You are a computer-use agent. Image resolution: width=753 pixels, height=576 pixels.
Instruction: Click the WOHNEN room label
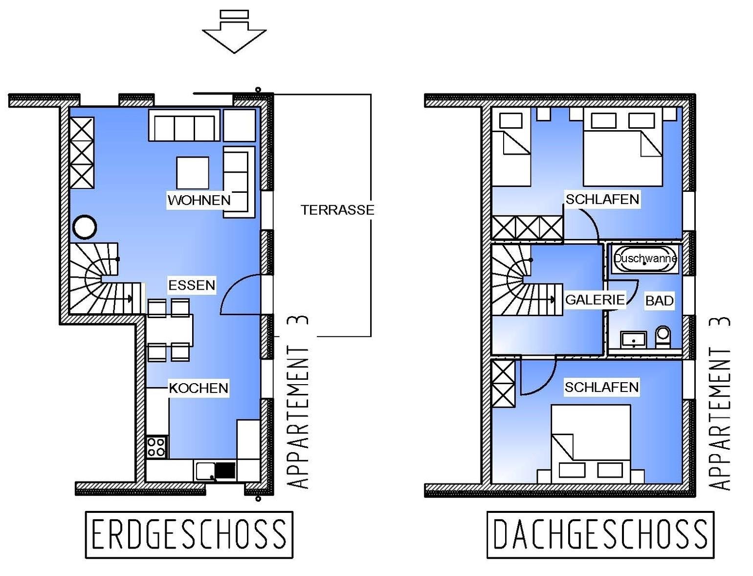click(x=199, y=200)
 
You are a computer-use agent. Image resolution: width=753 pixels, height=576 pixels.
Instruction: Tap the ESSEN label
click(x=191, y=285)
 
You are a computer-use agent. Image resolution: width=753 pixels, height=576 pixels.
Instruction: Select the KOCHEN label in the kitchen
click(x=199, y=388)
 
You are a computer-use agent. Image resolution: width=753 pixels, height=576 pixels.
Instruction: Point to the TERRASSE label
click(x=337, y=210)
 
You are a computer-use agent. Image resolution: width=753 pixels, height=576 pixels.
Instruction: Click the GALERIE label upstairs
click(x=595, y=300)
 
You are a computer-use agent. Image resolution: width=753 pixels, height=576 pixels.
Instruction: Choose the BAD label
click(x=659, y=300)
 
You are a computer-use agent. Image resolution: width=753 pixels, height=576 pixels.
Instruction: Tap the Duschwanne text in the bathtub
click(x=645, y=258)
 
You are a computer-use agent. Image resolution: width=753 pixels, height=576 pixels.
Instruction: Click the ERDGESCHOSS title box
click(x=189, y=534)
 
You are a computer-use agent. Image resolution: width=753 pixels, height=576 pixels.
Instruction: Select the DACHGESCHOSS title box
click(x=600, y=534)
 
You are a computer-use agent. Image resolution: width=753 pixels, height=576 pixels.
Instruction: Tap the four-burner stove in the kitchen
click(x=156, y=447)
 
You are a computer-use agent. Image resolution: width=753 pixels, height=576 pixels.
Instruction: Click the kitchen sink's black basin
click(x=225, y=470)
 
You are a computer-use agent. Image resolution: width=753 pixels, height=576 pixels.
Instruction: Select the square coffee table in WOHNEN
click(x=193, y=173)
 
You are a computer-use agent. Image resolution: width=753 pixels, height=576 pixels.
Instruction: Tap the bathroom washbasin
click(x=633, y=340)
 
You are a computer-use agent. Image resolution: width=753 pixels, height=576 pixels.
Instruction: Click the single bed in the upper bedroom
click(x=511, y=150)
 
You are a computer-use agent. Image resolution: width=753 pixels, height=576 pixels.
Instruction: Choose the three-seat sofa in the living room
click(x=184, y=125)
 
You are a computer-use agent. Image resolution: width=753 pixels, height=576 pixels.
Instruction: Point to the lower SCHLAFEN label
click(x=601, y=387)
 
